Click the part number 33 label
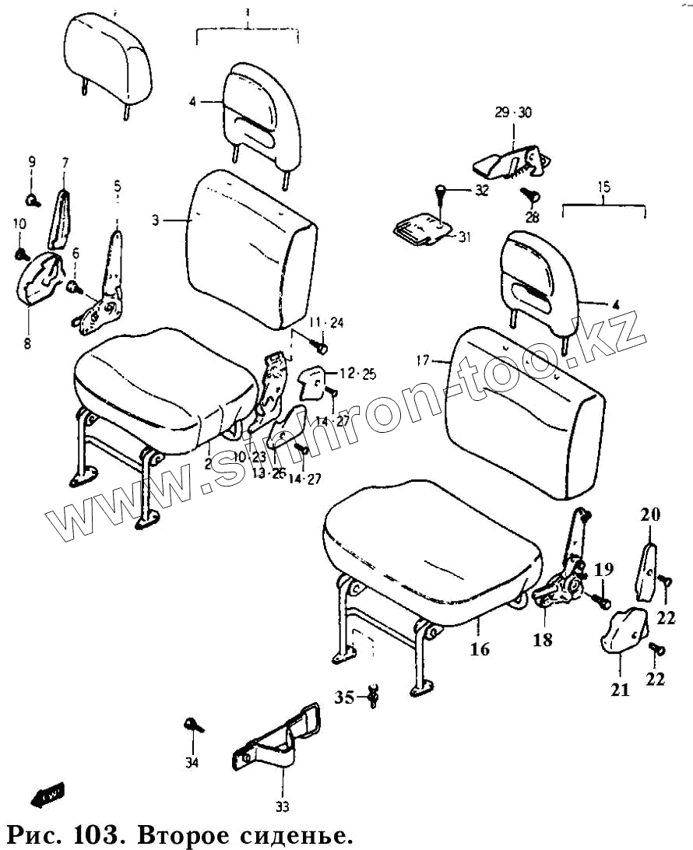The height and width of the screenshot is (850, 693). click(282, 806)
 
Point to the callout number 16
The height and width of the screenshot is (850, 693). click(480, 648)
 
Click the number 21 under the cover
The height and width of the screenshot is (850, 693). click(620, 690)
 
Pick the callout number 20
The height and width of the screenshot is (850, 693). click(650, 514)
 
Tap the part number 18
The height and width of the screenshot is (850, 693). click(543, 640)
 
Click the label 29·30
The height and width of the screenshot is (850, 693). click(512, 113)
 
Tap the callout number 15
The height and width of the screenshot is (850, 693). click(604, 187)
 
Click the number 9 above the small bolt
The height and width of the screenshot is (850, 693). click(32, 162)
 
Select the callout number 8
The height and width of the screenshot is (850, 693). click(27, 342)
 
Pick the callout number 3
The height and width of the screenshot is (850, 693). click(155, 221)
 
